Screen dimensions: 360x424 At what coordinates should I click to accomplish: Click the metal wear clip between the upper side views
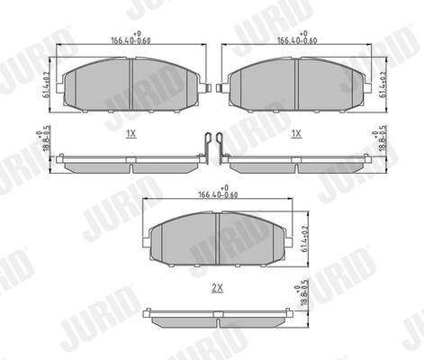pyautogui.click(x=212, y=148)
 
